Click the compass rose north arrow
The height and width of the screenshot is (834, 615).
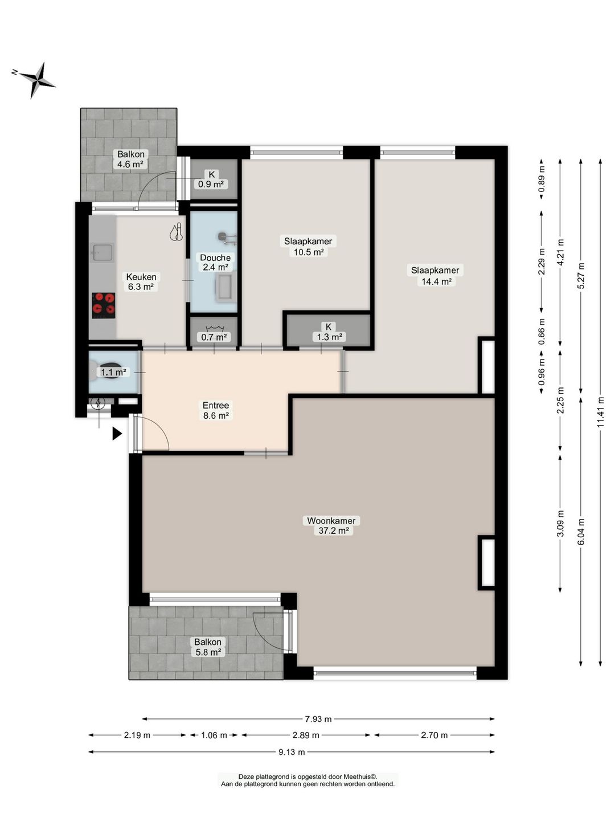tap(37, 80)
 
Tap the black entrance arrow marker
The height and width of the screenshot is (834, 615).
tap(117, 434)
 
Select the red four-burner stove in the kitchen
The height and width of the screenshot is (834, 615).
tap(104, 305)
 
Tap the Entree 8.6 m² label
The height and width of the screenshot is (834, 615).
tap(216, 410)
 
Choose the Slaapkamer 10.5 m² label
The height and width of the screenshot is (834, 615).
tap(308, 246)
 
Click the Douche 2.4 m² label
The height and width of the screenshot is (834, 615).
tap(215, 262)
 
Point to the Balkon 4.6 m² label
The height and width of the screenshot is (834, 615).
tap(130, 159)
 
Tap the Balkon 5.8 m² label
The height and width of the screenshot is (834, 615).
tap(208, 647)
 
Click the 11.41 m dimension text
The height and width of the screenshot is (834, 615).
tap(600, 412)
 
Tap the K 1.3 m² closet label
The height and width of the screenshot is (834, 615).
tap(328, 332)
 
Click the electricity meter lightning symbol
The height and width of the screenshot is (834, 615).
tap(99, 403)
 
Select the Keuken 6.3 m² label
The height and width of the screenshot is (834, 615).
tap(141, 282)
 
